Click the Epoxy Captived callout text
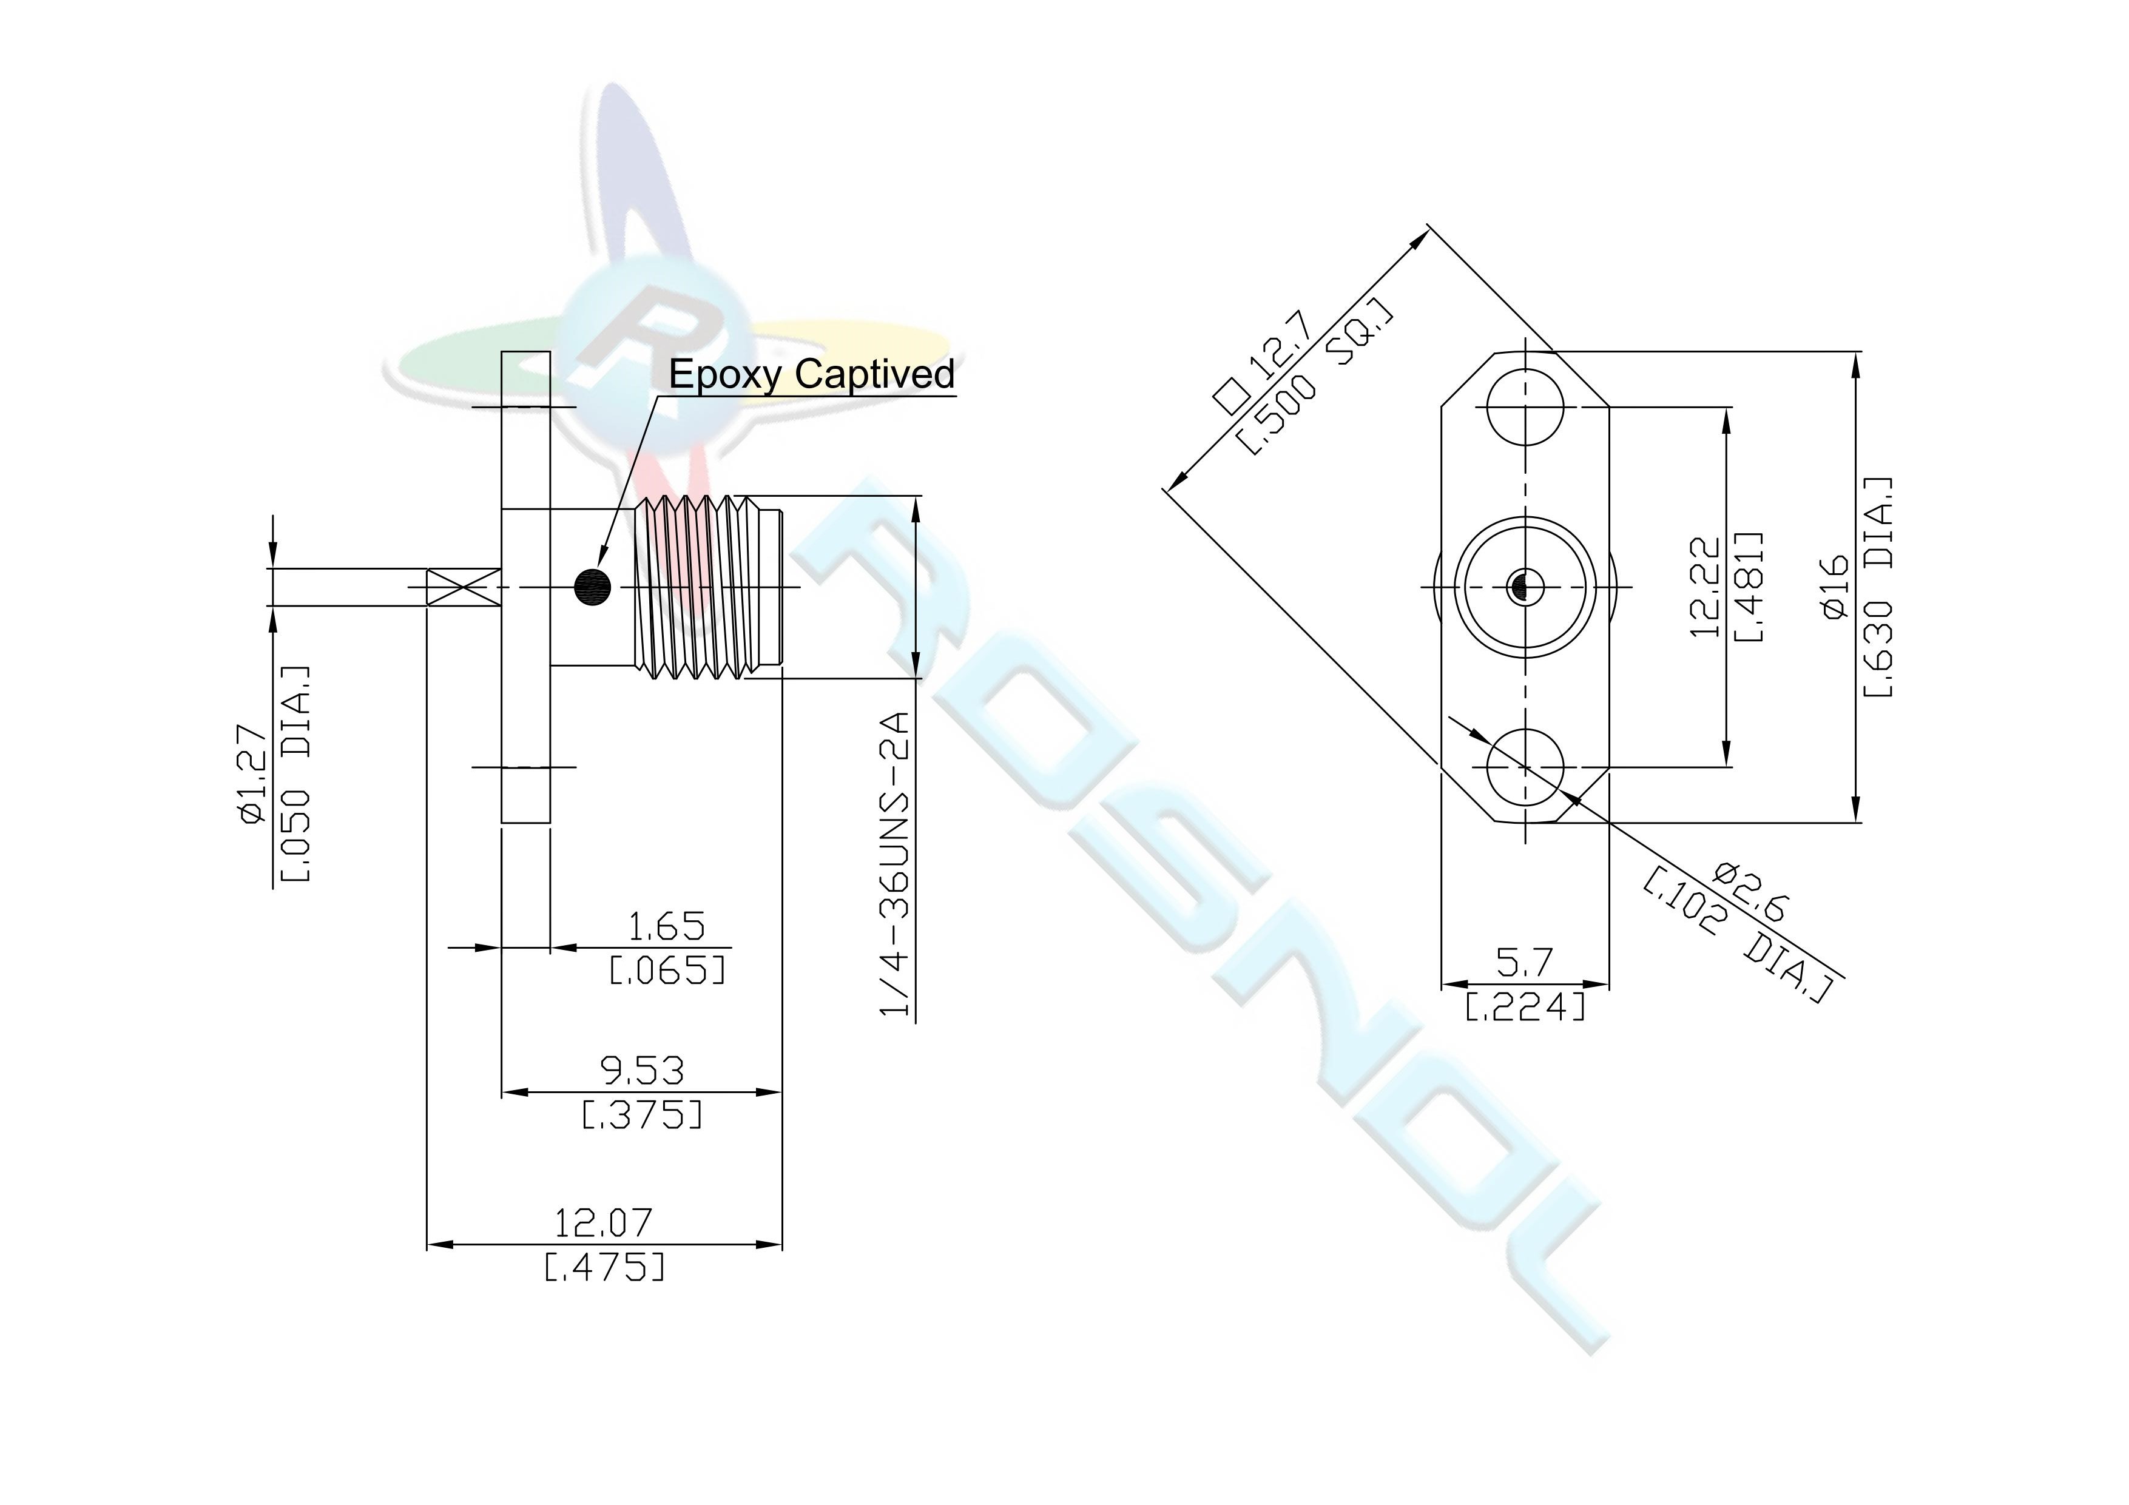click(811, 375)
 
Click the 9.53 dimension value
click(642, 1072)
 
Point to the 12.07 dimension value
click(604, 1223)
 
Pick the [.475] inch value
click(604, 1267)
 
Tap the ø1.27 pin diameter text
click(252, 773)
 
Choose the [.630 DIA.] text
click(1878, 587)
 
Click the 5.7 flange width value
click(1525, 963)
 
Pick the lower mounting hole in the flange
click(1525, 767)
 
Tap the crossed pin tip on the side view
click(463, 587)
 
